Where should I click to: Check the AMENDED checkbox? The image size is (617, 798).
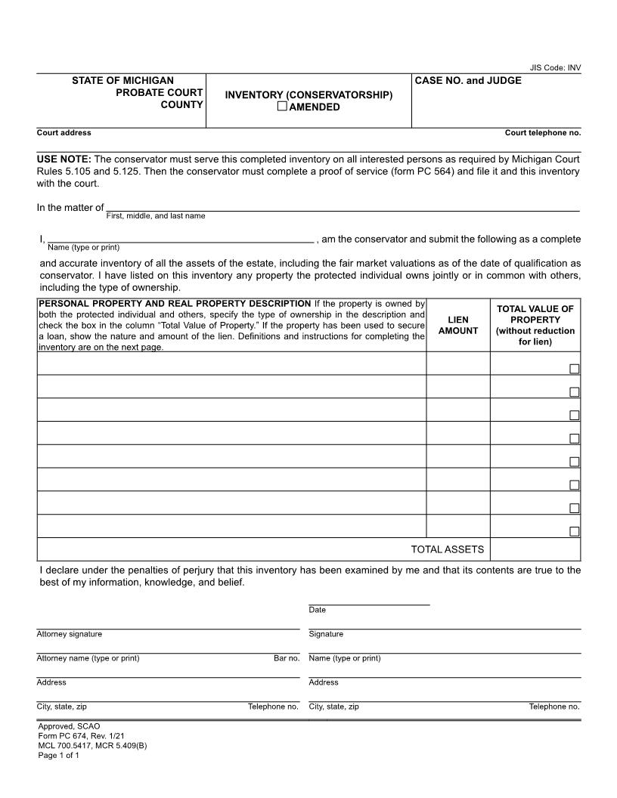pos(282,107)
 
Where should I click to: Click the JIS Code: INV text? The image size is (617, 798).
pos(556,67)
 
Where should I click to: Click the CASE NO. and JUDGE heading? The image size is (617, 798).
pos(468,81)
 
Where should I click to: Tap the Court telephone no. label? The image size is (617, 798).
pos(543,133)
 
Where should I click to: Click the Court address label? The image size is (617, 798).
pos(64,133)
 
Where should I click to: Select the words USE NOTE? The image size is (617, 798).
pos(64,159)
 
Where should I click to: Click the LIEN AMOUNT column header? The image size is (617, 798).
pos(458,326)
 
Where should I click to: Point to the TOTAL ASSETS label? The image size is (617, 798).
pos(447,549)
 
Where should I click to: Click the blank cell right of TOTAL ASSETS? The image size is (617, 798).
pos(535,549)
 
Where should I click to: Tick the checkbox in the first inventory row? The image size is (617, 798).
pos(575,369)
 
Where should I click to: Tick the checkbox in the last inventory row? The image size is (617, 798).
pos(575,531)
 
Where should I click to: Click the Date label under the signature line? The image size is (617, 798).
pos(317,610)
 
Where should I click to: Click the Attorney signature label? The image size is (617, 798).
pos(70,634)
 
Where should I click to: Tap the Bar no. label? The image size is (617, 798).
pos(287,658)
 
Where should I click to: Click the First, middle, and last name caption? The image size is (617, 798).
pos(155,216)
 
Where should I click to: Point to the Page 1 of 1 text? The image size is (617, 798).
pos(58,755)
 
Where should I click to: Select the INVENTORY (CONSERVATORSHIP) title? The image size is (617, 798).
pos(308,95)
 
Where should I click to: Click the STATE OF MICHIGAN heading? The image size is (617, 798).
pos(122,80)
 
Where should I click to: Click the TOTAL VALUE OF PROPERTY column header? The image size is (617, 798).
pos(535,325)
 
